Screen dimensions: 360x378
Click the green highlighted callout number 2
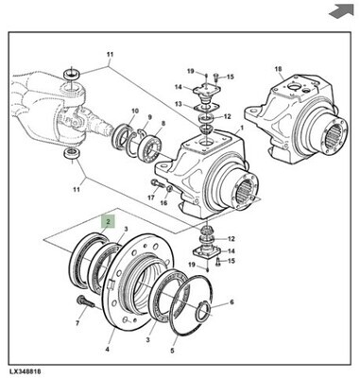(x=108, y=221)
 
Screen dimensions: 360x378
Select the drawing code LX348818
(x=25, y=371)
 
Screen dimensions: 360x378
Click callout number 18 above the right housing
(x=279, y=69)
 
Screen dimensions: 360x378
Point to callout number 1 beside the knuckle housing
(x=242, y=128)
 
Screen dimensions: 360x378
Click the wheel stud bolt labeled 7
(x=85, y=302)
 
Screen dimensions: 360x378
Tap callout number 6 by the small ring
(x=231, y=302)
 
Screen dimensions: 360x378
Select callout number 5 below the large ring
(x=172, y=351)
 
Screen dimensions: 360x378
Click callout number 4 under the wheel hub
(x=108, y=349)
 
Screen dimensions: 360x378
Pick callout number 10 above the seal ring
(x=135, y=111)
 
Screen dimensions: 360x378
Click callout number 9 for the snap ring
(x=149, y=117)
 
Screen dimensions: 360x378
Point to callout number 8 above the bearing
(x=163, y=124)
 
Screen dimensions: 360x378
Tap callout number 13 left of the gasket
(x=179, y=104)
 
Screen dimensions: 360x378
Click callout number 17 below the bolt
(x=151, y=198)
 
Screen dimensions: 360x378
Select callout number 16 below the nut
(x=163, y=203)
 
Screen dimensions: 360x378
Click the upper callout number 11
(x=110, y=54)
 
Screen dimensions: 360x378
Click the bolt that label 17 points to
(x=158, y=183)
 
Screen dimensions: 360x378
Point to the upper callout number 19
(x=191, y=71)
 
